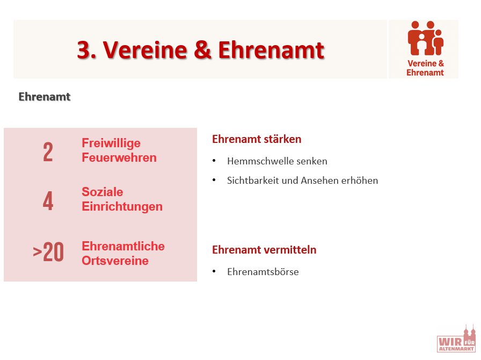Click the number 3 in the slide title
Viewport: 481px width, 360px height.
pos(85,50)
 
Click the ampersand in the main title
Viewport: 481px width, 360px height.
pos(202,49)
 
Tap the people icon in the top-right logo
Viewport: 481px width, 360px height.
pos(426,38)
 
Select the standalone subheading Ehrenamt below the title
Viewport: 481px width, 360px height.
pos(45,97)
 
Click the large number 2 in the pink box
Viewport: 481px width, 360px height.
pos(48,152)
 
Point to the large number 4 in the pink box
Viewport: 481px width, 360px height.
pos(48,200)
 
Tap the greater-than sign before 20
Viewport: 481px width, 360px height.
pos(38,252)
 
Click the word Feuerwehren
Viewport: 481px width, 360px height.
pos(119,157)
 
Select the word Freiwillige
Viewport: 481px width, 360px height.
pos(111,143)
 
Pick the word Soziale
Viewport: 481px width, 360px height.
pos(103,192)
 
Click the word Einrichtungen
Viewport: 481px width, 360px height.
pos(122,207)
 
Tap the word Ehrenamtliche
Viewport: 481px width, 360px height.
pos(123,246)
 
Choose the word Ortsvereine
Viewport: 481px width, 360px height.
pos(115,261)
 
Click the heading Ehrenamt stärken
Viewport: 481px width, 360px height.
pos(257,139)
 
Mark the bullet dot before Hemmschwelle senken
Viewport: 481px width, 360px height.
pos(214,161)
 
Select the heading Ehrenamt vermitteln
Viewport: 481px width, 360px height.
pos(264,250)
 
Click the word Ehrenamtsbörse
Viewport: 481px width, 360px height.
pos(263,272)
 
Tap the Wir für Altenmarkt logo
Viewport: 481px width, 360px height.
pos(456,339)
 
